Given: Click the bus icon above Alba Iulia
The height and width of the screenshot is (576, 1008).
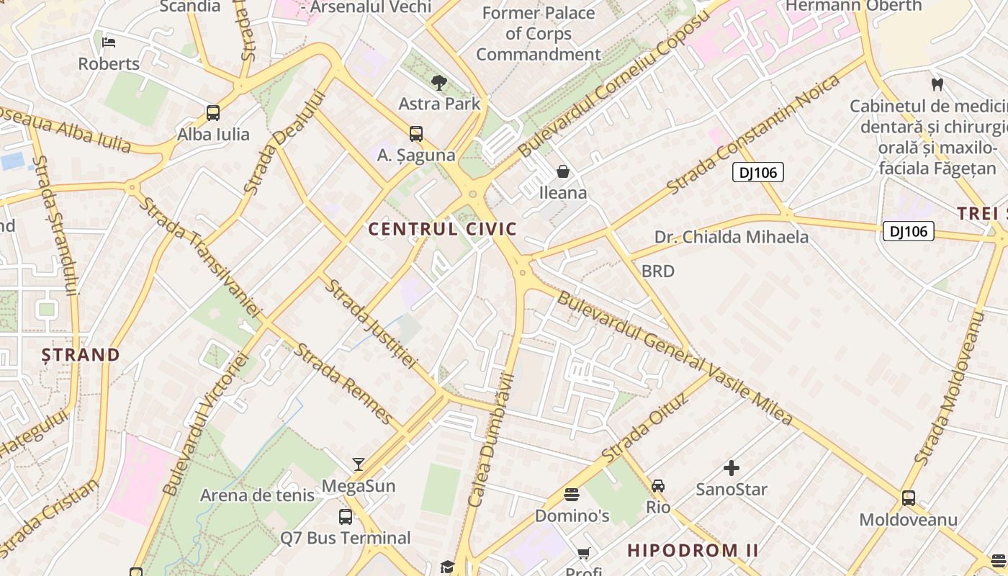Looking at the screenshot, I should tap(213, 113).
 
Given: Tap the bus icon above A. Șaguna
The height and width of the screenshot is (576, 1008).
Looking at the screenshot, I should tap(416, 134).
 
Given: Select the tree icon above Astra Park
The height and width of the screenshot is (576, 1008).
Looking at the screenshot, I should tap(438, 83).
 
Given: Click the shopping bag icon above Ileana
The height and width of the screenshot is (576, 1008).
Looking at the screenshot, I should tap(563, 171).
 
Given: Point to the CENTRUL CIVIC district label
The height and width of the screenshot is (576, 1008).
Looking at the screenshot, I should tap(443, 230).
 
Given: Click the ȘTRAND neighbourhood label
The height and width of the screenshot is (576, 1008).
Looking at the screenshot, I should tap(81, 355).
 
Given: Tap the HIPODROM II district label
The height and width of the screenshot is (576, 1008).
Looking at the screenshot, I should tap(693, 551).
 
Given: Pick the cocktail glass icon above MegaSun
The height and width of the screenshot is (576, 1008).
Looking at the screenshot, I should tap(359, 464).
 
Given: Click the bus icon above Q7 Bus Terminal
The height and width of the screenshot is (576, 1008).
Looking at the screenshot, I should tap(346, 517).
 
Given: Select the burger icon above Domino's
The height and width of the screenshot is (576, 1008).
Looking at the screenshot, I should tap(572, 495).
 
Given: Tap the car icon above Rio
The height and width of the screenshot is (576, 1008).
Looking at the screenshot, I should tap(658, 486).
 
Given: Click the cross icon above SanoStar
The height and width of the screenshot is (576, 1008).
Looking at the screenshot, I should tap(732, 469).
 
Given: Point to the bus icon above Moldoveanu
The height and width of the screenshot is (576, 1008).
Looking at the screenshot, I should tap(909, 498).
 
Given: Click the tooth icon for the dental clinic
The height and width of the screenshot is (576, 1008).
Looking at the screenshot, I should tap(937, 84).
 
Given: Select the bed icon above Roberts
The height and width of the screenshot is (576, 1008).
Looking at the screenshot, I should tap(109, 42).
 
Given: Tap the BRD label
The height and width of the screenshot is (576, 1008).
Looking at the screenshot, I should tap(658, 271).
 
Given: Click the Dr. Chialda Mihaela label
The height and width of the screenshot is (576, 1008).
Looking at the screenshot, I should tap(732, 237).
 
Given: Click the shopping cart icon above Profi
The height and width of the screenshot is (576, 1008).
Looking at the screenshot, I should tap(583, 554).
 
